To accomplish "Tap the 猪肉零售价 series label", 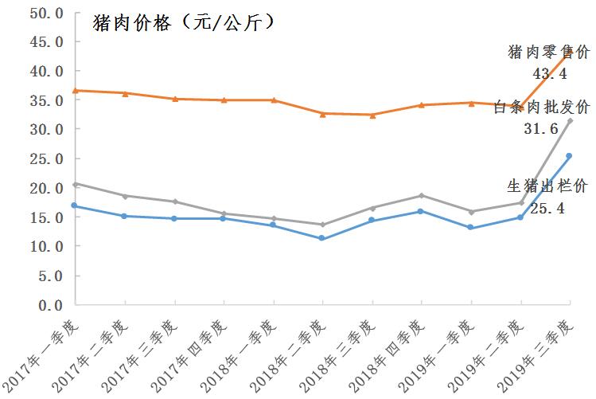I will tap(549, 53).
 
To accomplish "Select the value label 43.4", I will tap(549, 73).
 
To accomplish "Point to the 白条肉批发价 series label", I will tap(541, 107).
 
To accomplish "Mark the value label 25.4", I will tap(547, 209).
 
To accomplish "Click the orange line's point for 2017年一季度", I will tap(75, 91).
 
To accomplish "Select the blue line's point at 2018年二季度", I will tap(321, 238).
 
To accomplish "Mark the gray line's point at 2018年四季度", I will tap(421, 195).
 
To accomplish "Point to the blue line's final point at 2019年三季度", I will tap(569, 156).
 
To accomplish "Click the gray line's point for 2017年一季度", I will tap(75, 184).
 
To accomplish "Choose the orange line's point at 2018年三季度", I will tap(372, 115).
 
